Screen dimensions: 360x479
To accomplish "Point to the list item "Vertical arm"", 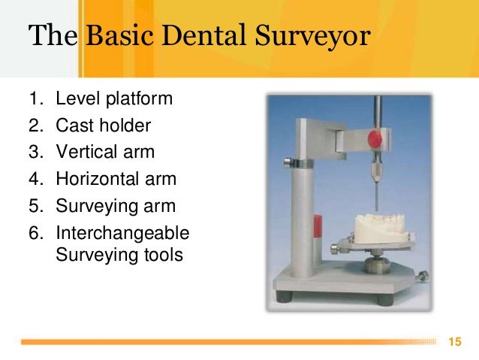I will click(105, 153).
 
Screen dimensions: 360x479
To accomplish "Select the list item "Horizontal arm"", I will click(116, 180).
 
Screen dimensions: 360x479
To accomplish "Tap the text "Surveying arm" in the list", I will click(114, 207).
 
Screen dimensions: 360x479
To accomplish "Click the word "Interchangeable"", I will click(122, 234).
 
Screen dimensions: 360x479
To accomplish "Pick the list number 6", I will click(35, 234).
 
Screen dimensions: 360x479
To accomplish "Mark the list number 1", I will click(35, 98).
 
